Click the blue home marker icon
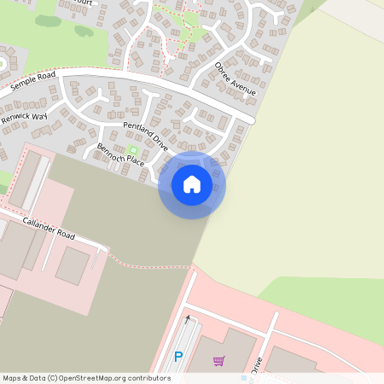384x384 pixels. [x=192, y=184]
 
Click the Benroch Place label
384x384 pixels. [x=120, y=155]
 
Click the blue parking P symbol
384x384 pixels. [x=178, y=358]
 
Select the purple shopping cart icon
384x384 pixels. [x=219, y=361]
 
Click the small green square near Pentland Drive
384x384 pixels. [x=131, y=151]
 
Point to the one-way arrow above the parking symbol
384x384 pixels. [x=188, y=322]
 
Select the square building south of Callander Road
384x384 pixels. [x=73, y=265]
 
